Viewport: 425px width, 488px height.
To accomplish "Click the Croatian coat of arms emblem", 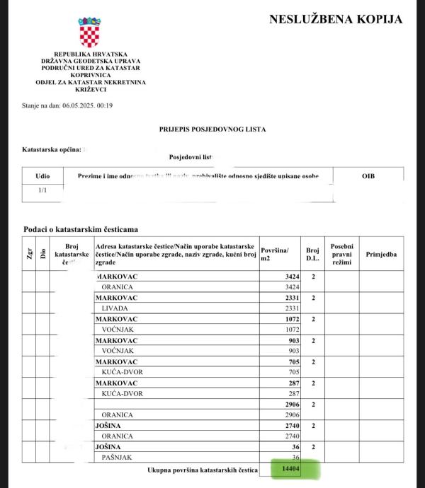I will pos(90,33).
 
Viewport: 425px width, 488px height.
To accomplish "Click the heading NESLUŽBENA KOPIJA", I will pos(335,19).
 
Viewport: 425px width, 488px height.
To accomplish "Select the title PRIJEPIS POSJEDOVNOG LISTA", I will pos(212,129).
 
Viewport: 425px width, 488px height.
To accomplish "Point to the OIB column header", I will pos(368,175).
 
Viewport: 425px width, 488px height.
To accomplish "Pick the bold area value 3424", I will pos(290,277).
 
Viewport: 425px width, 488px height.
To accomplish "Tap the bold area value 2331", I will pos(290,298).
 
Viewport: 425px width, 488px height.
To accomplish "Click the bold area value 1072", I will pos(290,319).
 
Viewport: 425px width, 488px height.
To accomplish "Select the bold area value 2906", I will pos(290,404).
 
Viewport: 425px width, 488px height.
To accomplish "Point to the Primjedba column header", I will pos(381,252).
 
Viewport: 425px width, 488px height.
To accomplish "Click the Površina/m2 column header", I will pos(277,254).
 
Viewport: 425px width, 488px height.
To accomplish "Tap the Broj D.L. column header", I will pos(312,254).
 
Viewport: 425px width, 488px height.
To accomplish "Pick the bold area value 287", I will pos(293,383).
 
